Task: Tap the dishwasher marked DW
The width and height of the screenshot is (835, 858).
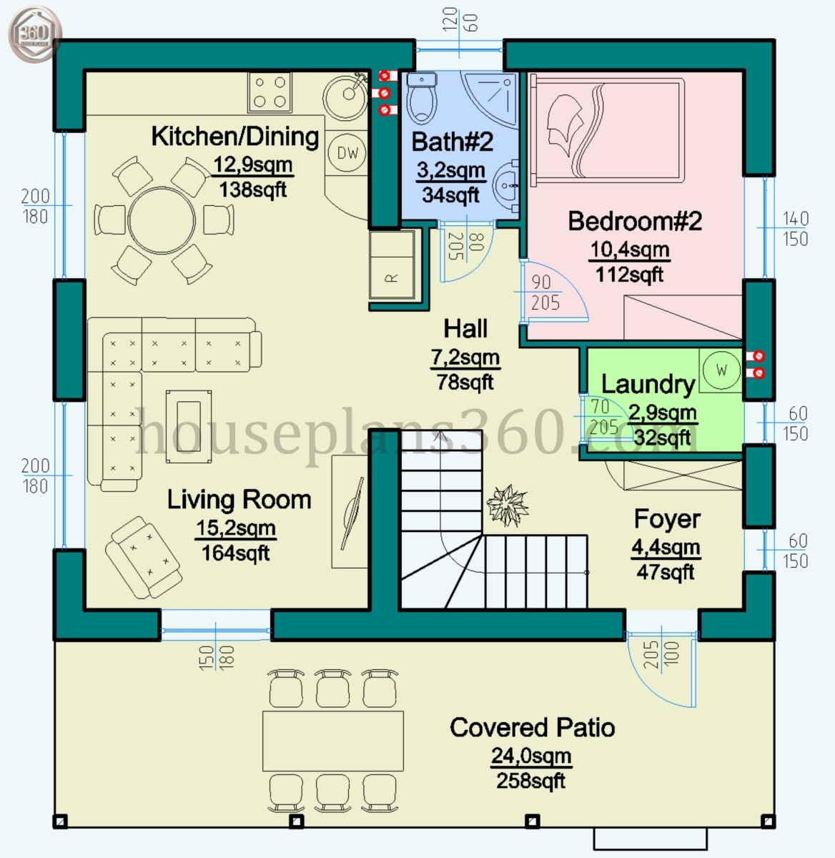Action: [347, 152]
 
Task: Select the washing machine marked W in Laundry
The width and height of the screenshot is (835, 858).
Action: [721, 370]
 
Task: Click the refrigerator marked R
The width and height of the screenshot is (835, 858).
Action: [392, 264]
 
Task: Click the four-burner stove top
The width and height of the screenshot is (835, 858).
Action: [270, 92]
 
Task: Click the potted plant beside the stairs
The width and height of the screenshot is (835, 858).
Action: [508, 505]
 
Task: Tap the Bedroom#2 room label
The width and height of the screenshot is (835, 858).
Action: [634, 221]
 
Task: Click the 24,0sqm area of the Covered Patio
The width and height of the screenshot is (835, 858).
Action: [530, 756]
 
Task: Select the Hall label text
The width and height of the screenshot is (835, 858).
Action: [465, 329]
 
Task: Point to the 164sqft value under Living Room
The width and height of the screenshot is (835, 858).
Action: [235, 553]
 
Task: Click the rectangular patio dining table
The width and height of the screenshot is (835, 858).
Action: [332, 740]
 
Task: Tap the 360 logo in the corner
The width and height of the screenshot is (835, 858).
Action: [34, 33]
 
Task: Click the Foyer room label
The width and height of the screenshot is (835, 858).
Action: [666, 519]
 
